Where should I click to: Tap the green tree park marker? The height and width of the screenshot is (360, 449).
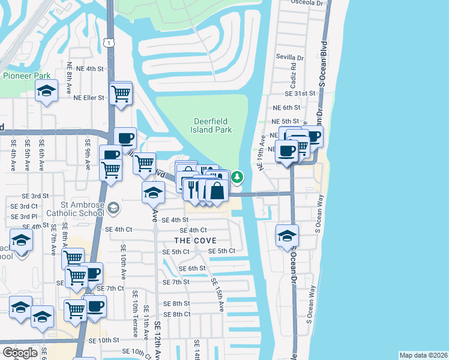[x=238, y=177]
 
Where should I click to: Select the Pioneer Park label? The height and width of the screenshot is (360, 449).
[x=26, y=76]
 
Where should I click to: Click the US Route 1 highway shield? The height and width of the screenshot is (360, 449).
[x=108, y=43]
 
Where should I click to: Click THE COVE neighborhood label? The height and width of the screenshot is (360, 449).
[x=194, y=240]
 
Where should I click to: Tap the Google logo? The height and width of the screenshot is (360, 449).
[x=20, y=353]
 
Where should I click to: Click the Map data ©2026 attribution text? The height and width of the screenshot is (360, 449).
[x=423, y=355]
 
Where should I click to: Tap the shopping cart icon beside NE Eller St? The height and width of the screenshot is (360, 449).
[x=121, y=94]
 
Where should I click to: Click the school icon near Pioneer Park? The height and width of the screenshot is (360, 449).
[x=46, y=92]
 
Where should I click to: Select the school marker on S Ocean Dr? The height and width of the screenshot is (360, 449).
[x=288, y=235]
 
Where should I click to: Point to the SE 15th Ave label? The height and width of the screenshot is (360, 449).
[x=217, y=294]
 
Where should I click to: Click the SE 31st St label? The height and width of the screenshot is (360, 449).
[x=300, y=94]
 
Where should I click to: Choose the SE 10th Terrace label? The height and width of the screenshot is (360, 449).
[x=134, y=320]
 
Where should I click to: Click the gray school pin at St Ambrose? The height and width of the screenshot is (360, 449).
[x=113, y=208]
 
